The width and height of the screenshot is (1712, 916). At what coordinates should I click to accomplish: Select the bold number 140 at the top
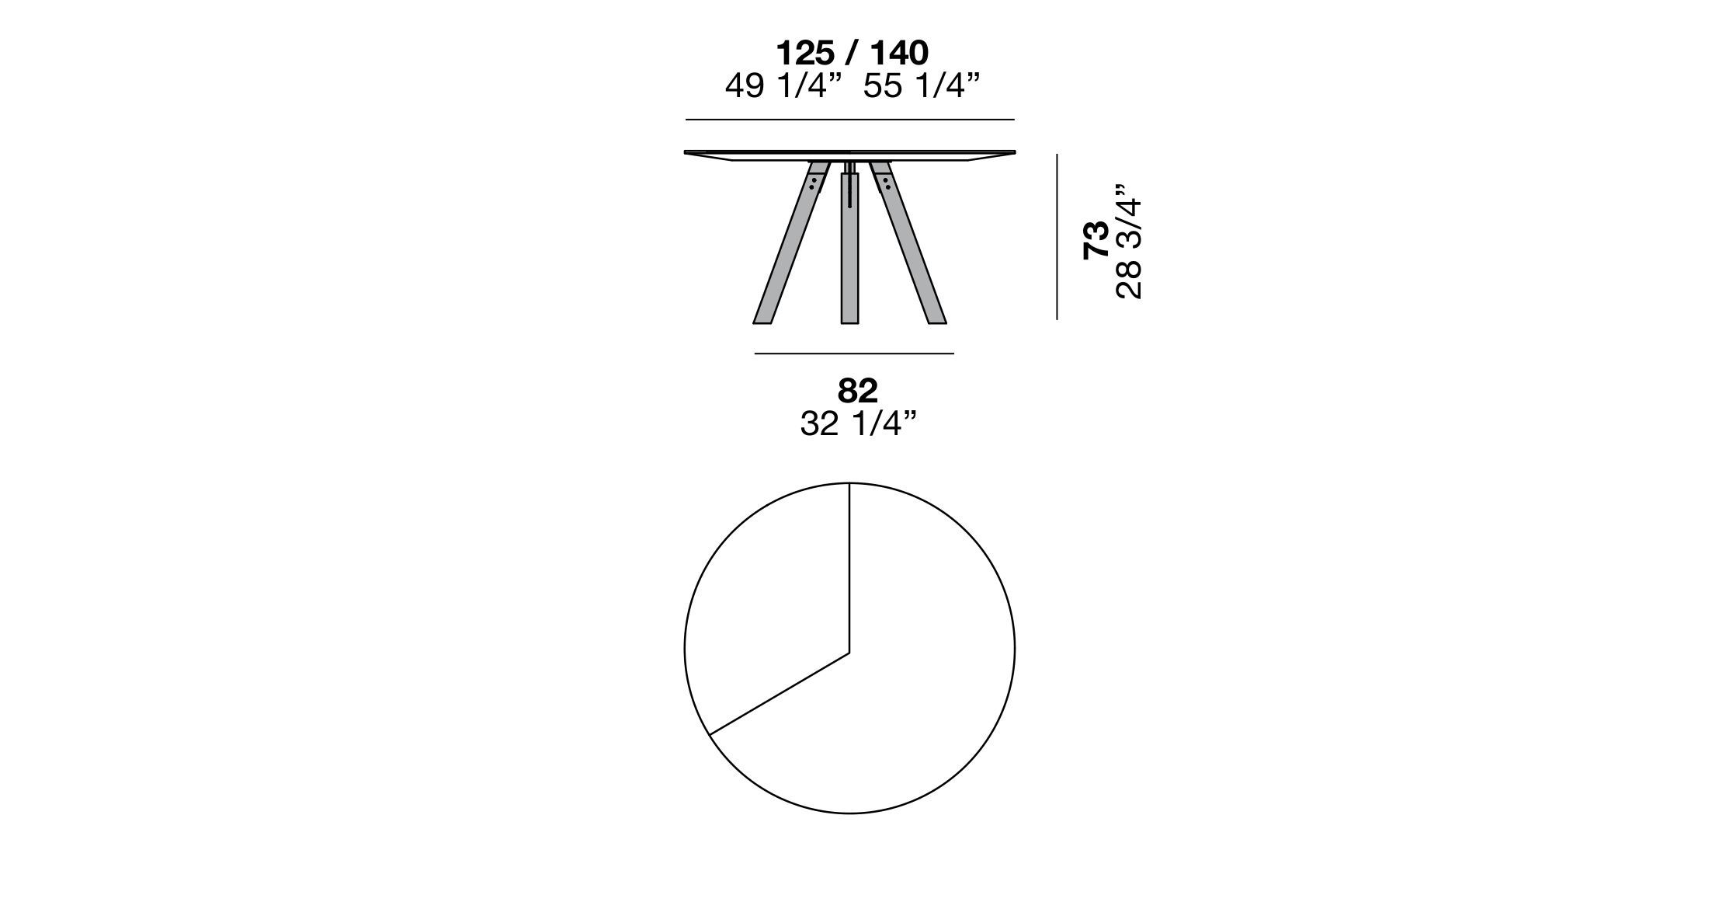[x=899, y=53]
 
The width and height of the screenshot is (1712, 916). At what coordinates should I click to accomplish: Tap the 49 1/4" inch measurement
[x=783, y=86]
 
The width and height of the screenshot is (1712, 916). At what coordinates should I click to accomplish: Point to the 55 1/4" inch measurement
[x=922, y=86]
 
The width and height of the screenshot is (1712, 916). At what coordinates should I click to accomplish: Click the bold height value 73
[x=1096, y=240]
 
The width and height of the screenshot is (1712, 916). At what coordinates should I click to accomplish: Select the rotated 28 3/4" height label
[x=1129, y=241]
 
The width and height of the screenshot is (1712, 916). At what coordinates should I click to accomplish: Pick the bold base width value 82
[x=857, y=391]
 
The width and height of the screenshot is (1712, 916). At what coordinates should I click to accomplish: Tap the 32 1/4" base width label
[x=858, y=424]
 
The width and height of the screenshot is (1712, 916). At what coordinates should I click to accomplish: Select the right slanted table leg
[x=908, y=242]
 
